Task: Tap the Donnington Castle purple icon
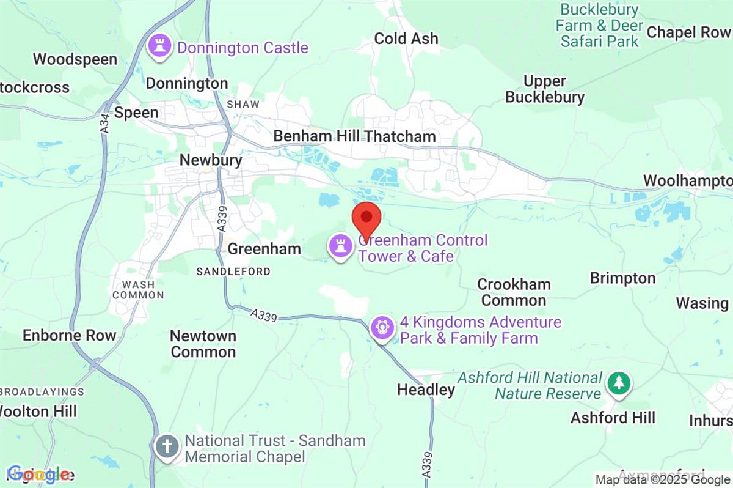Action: coord(161,47)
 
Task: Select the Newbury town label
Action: coord(211,160)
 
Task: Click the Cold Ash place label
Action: coord(406,39)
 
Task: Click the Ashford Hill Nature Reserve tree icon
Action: coord(619,384)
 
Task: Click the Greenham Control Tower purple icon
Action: coord(340,246)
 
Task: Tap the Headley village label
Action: coord(426,390)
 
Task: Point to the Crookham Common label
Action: coord(514,292)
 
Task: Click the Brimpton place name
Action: coord(622,278)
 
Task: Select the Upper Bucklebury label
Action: coord(545,89)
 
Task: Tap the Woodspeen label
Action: coord(75,59)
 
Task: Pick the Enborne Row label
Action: coord(69,335)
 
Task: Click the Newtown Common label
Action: coord(203,344)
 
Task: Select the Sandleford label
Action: coord(233,272)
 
